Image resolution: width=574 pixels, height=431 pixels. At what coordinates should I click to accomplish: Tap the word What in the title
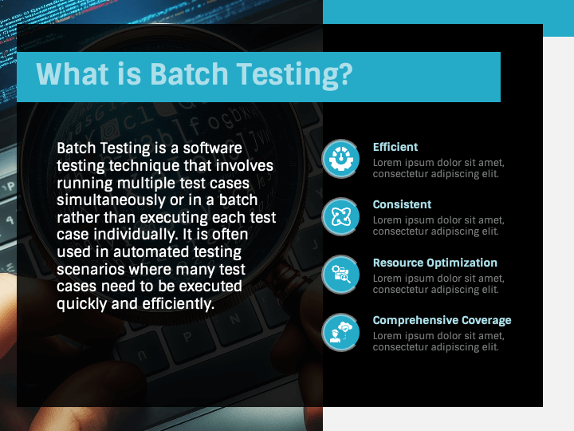coord(71,75)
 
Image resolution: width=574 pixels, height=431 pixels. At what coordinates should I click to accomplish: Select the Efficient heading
coord(395,147)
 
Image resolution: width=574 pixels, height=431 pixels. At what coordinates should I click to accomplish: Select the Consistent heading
coord(402,204)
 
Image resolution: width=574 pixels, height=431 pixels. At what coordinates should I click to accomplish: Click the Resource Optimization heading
coord(434,263)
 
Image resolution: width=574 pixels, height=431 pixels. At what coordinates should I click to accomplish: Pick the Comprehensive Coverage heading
coord(442,320)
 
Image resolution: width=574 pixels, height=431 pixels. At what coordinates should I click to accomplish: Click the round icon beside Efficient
coord(341,159)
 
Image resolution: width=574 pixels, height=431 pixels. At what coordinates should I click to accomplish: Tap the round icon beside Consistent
coord(341,216)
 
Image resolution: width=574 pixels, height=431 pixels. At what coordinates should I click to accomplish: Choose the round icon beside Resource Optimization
coord(341,275)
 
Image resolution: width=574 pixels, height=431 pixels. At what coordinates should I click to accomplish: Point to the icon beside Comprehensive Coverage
coord(341,332)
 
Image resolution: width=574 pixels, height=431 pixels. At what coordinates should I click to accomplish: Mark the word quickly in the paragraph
coord(84,304)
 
